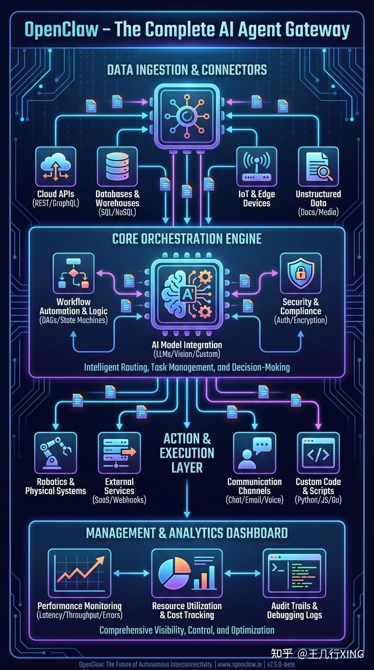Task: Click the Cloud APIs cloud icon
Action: pyautogui.click(x=56, y=167)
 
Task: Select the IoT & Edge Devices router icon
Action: pyautogui.click(x=256, y=167)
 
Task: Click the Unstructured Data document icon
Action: pyautogui.click(x=318, y=167)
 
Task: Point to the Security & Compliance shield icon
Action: pyautogui.click(x=300, y=274)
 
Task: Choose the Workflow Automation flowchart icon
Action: pyautogui.click(x=74, y=274)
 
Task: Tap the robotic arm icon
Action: pyautogui.click(x=56, y=453)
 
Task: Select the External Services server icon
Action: pyautogui.click(x=119, y=453)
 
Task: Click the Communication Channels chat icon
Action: pyautogui.click(x=255, y=453)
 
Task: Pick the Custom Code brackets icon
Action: pyautogui.click(x=318, y=453)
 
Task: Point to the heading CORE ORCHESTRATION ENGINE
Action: pyautogui.click(x=187, y=239)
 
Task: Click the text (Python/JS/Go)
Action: pyautogui.click(x=318, y=500)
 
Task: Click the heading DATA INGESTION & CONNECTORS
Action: pyautogui.click(x=187, y=70)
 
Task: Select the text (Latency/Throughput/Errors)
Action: pyautogui.click(x=80, y=615)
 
